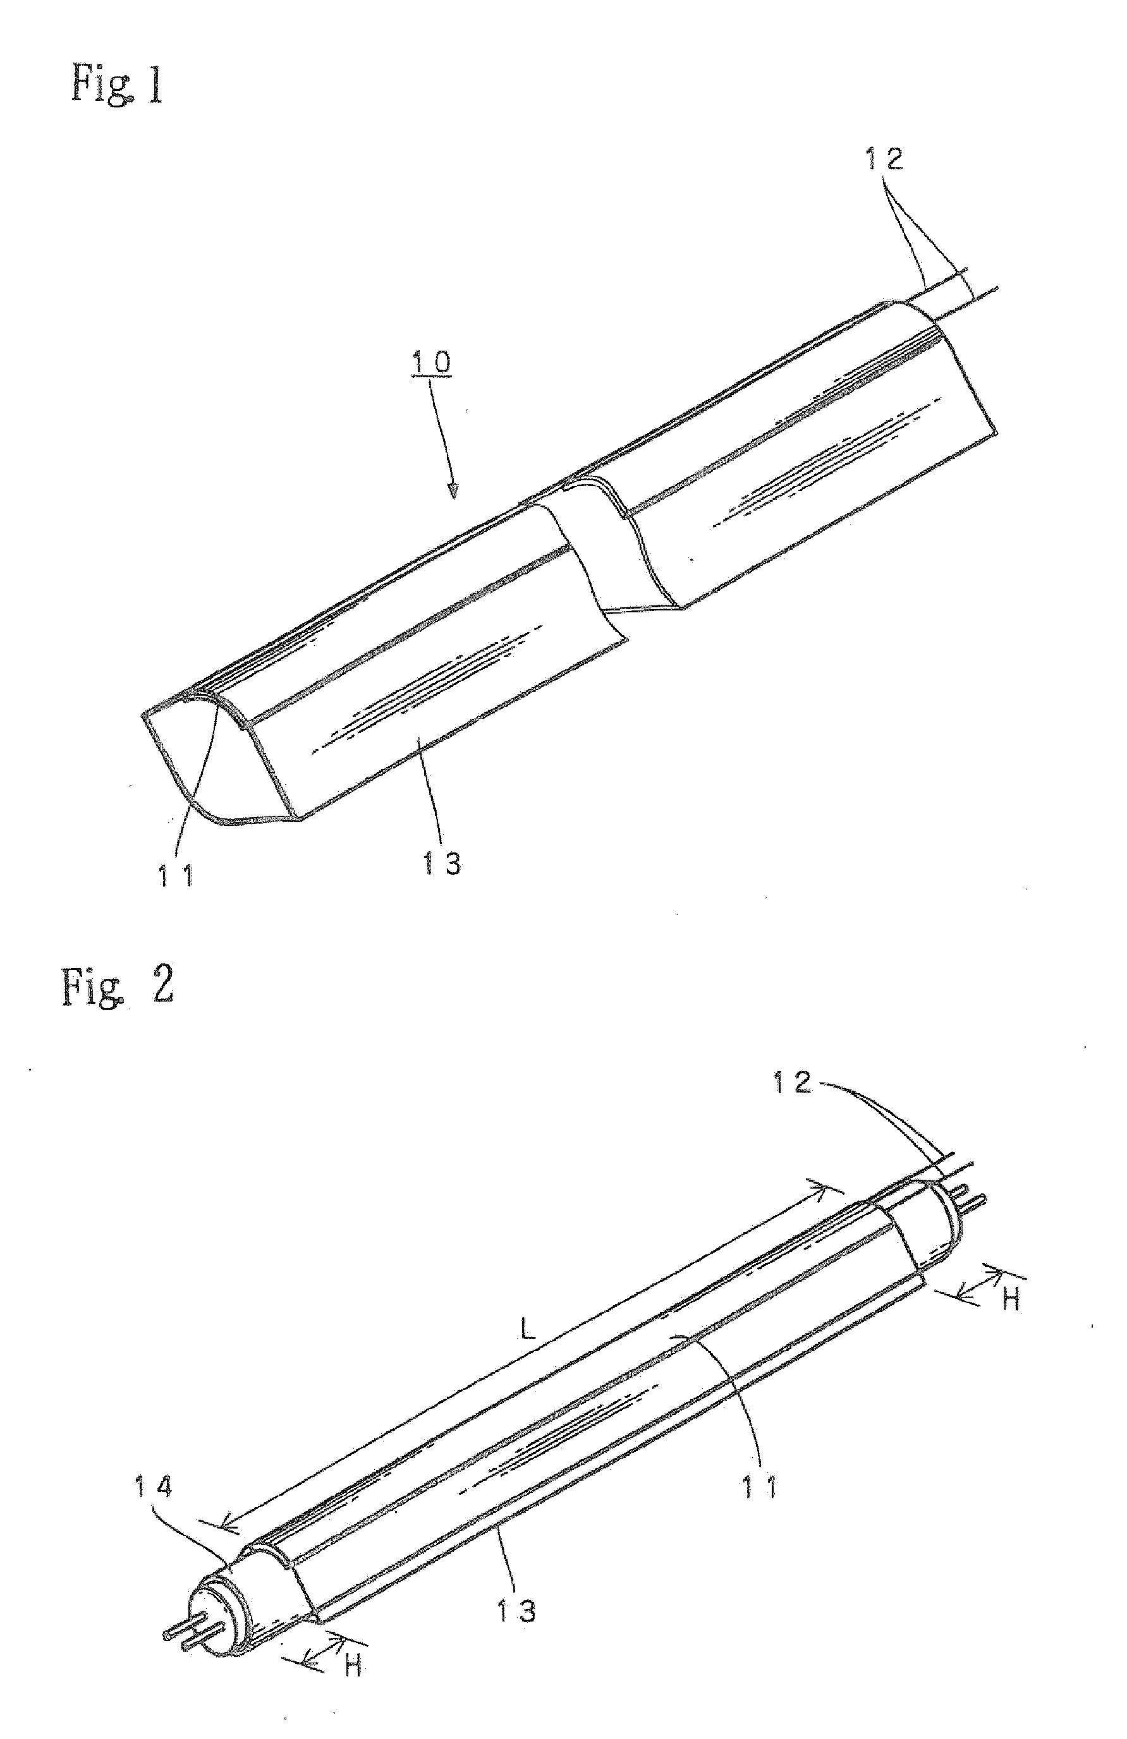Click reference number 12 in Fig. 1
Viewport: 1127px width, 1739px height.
pos(884,159)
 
